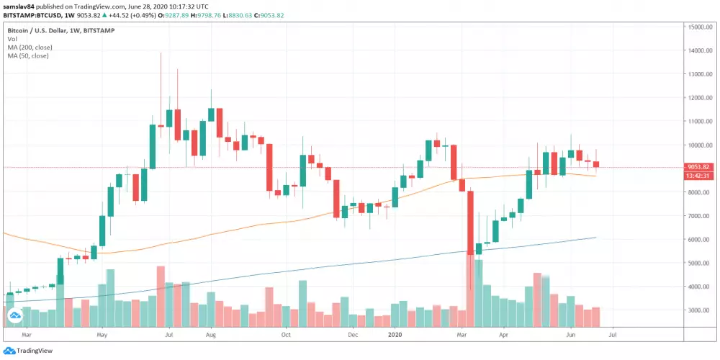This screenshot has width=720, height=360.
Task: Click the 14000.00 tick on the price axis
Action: pos(701,50)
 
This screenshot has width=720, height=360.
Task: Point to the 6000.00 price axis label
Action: pos(700,239)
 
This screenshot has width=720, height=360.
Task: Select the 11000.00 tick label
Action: pos(701,121)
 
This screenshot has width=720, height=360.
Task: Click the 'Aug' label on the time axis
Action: pos(211,335)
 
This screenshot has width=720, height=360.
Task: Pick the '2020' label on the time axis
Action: pos(395,335)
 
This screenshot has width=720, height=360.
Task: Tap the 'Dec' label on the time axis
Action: pos(353,335)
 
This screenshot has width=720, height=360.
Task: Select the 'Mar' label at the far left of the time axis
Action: pos(27,335)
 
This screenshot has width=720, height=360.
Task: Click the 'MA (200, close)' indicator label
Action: pos(30,47)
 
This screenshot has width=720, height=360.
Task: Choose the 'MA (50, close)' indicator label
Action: pos(28,55)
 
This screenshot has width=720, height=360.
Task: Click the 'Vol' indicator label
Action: pos(12,39)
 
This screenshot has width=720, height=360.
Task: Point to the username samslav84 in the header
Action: pos(22,4)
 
